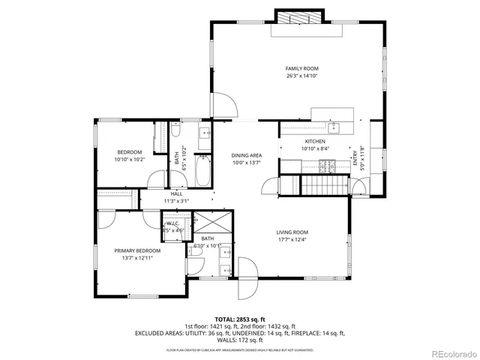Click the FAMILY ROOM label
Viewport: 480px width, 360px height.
pyautogui.click(x=301, y=68)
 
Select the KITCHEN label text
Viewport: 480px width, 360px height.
pyautogui.click(x=314, y=141)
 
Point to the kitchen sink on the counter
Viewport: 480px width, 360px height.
pyautogui.click(x=335, y=127)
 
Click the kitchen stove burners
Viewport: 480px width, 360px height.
pyautogui.click(x=352, y=155)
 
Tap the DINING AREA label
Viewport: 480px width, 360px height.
pyautogui.click(x=246, y=155)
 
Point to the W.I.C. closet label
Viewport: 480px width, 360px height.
pyautogui.click(x=172, y=223)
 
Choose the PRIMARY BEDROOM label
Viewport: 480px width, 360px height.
pyautogui.click(x=137, y=250)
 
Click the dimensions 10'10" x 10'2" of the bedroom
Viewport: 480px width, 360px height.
pyautogui.click(x=129, y=159)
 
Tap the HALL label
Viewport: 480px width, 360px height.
pyautogui.click(x=176, y=194)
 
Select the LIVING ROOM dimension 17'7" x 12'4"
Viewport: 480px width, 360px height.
pyautogui.click(x=293, y=239)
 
